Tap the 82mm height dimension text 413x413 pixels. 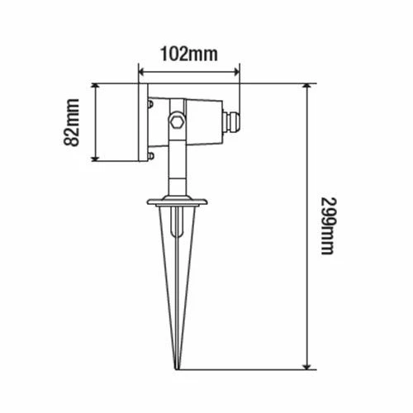point(73,123)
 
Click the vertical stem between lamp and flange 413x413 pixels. point(175,173)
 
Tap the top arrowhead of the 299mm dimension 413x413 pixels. point(308,87)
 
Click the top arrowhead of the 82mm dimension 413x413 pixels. point(97,87)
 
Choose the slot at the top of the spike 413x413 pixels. point(175,225)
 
